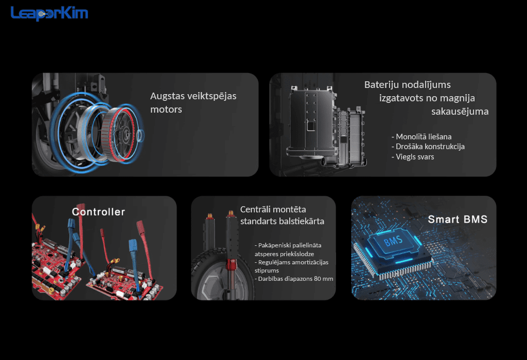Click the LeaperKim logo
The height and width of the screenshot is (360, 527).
(49, 13)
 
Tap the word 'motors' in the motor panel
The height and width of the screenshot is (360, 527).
(166, 110)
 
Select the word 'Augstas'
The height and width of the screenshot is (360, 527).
(167, 96)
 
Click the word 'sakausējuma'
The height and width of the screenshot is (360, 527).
(460, 112)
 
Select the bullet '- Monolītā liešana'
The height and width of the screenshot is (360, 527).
(421, 137)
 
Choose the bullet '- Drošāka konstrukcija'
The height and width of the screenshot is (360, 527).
(428, 147)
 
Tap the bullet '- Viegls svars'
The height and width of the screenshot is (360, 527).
(412, 157)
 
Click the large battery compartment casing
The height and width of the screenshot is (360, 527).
(311, 121)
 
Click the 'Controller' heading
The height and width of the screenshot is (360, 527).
(98, 212)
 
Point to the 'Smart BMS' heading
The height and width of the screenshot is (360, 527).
(458, 219)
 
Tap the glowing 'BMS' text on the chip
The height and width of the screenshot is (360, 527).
(393, 241)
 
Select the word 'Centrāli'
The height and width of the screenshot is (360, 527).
(255, 209)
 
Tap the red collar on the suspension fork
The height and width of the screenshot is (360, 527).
(232, 264)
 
